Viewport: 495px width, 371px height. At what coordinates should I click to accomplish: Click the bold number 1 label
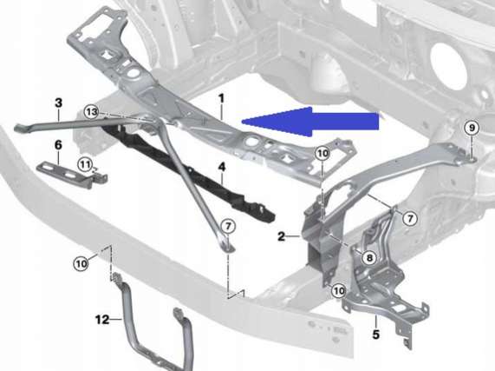pyautogui.click(x=221, y=98)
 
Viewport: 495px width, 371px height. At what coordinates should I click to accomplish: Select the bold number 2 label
pyautogui.click(x=282, y=236)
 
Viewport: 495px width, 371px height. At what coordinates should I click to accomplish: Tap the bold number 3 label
pyautogui.click(x=59, y=103)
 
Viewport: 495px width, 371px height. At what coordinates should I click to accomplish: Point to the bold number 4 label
pyautogui.click(x=222, y=167)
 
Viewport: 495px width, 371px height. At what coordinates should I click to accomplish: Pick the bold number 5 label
pyautogui.click(x=375, y=335)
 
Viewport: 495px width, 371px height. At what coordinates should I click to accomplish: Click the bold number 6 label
pyautogui.click(x=58, y=145)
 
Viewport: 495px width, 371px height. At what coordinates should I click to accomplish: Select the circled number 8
pyautogui.click(x=369, y=258)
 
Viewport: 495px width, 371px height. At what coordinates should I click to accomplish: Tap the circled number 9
pyautogui.click(x=472, y=128)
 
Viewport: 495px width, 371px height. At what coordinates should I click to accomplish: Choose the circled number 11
pyautogui.click(x=85, y=165)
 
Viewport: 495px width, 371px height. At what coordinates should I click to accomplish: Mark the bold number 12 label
pyautogui.click(x=102, y=320)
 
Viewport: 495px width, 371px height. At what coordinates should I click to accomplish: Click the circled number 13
pyautogui.click(x=92, y=112)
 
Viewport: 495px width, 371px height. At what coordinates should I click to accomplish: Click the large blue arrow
pyautogui.click(x=310, y=122)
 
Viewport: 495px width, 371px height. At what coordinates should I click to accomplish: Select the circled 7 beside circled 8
pyautogui.click(x=410, y=218)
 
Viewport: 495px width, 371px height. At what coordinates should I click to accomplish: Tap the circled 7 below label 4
pyautogui.click(x=228, y=226)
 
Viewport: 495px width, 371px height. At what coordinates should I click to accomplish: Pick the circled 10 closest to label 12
pyautogui.click(x=81, y=263)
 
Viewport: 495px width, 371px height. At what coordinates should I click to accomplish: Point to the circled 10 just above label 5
pyautogui.click(x=339, y=291)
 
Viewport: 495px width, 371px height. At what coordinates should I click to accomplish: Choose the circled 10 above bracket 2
pyautogui.click(x=322, y=154)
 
